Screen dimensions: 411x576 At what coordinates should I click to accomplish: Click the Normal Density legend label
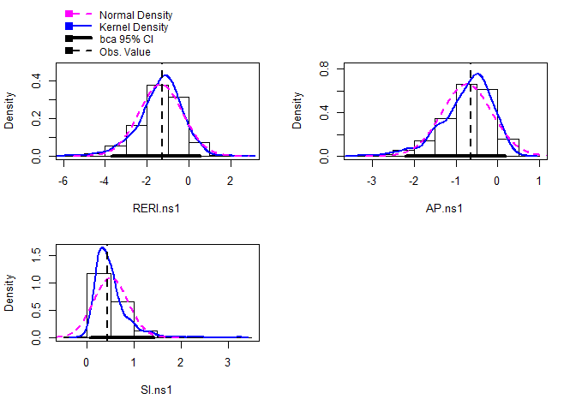pos(135,15)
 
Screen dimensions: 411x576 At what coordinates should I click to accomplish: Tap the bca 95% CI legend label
pos(126,39)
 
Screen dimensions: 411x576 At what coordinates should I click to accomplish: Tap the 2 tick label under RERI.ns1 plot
pos(230,182)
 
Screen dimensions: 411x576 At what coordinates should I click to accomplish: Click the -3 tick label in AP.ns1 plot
pos(372,182)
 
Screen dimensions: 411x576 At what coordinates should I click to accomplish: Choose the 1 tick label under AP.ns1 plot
pos(538,182)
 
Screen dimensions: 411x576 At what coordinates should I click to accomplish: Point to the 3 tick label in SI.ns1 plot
pos(227,361)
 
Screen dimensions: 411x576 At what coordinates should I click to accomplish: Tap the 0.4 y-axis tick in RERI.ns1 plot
pos(37,80)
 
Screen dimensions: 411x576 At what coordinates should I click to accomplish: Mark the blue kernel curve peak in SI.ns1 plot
pos(102,247)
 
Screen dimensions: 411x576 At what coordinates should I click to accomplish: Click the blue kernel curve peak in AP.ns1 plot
pos(478,74)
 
